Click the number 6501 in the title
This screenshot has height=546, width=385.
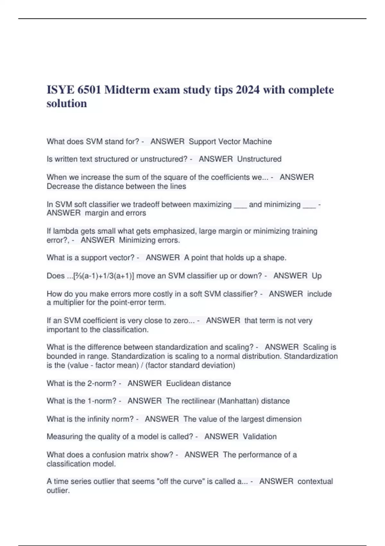tap(88, 90)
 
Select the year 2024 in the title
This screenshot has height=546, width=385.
tap(248, 90)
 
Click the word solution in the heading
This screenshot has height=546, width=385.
tap(67, 103)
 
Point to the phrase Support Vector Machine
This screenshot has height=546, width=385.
tap(230, 142)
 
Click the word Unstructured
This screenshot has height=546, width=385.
tap(259, 159)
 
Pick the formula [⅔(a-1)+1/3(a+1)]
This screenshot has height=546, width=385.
tap(104, 276)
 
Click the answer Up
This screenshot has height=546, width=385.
tap(317, 276)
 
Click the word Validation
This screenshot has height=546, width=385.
tap(260, 437)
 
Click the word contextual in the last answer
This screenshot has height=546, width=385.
tap(315, 481)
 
